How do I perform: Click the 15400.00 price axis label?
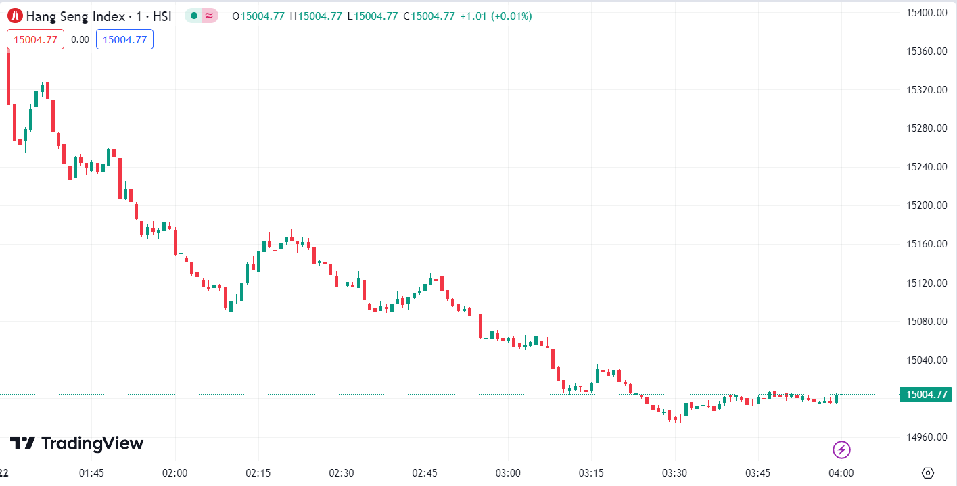pos(925,13)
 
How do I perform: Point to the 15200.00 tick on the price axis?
pos(925,205)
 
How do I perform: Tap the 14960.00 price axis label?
pos(925,437)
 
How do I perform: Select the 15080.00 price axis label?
pos(925,322)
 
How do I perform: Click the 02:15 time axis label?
pos(258,473)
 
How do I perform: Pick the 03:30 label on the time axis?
pos(674,473)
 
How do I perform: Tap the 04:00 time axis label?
pos(841,473)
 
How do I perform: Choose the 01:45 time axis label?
pos(91,473)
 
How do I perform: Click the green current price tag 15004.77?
pos(925,395)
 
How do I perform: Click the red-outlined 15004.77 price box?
pos(35,39)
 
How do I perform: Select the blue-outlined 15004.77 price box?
pos(124,39)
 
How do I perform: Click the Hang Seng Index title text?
pos(76,16)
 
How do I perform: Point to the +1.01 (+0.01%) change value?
pos(496,16)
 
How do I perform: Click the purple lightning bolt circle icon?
pos(841,449)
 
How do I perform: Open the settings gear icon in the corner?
pos(928,472)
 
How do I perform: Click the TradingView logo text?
pos(77,443)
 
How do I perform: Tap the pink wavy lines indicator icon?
pos(210,16)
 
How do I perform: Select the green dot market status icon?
pos(193,16)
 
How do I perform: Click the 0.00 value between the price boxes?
pos(80,39)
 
